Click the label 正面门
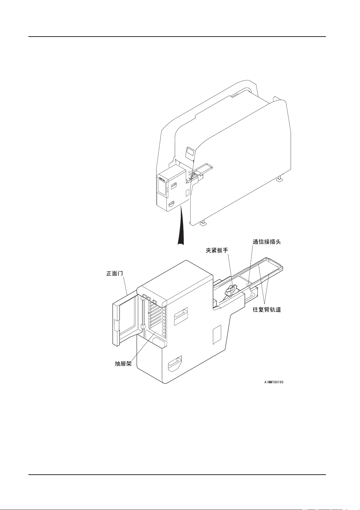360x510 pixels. coord(115,273)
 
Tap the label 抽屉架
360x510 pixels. coord(123,364)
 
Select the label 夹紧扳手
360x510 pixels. coord(217,250)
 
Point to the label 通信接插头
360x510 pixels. coord(267,242)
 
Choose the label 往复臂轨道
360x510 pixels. coord(267,310)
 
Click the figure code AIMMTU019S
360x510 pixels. coord(274,382)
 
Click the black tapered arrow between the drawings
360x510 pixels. coord(181,227)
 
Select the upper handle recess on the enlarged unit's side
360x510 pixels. coord(181,316)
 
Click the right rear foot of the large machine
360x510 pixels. coord(280,179)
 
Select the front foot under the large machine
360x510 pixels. coord(203,224)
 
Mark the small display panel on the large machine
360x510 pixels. coord(190,153)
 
